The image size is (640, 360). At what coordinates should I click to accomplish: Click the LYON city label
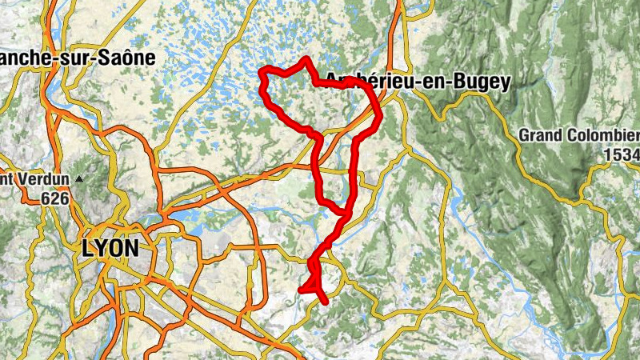(x=110, y=248)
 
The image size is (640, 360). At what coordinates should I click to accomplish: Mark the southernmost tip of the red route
(x=325, y=302)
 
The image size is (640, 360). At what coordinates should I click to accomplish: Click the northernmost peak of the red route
(x=306, y=58)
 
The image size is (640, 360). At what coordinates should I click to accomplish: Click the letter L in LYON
(x=87, y=248)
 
